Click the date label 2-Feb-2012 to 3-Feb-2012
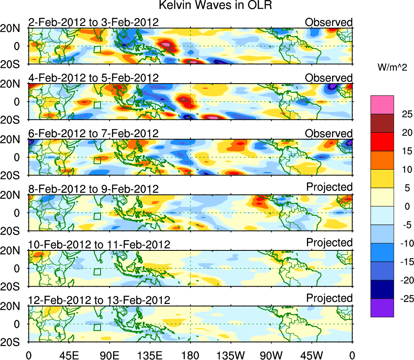pos(93,22)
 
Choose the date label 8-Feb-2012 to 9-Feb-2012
pos(93,189)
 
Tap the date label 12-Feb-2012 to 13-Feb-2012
pos(99,300)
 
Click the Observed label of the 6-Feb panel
pos(329,133)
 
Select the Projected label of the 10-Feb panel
pos(329,243)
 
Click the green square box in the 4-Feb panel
pos(97,105)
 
